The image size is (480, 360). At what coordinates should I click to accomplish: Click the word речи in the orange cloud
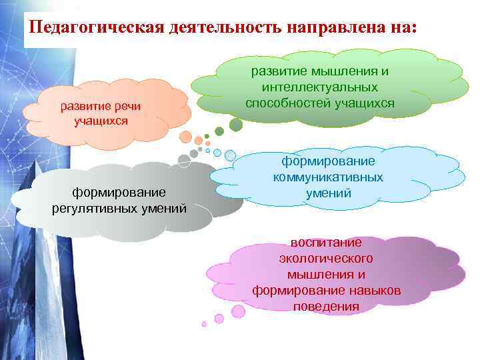tap(125, 108)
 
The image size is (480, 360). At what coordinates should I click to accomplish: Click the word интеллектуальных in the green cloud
tap(320, 87)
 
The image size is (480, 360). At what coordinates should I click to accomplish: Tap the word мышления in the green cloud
tap(337, 71)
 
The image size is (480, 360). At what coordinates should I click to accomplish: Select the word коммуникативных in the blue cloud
tap(328, 177)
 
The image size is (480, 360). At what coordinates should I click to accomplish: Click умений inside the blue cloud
tap(329, 193)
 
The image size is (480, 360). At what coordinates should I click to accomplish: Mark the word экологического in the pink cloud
tap(326, 258)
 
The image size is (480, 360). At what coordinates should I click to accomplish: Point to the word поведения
tap(326, 307)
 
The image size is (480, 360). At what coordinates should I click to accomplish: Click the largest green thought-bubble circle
tap(235, 125)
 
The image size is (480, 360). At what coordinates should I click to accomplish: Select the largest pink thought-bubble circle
tap(238, 311)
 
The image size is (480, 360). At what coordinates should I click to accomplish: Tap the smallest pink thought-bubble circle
tap(204, 324)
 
